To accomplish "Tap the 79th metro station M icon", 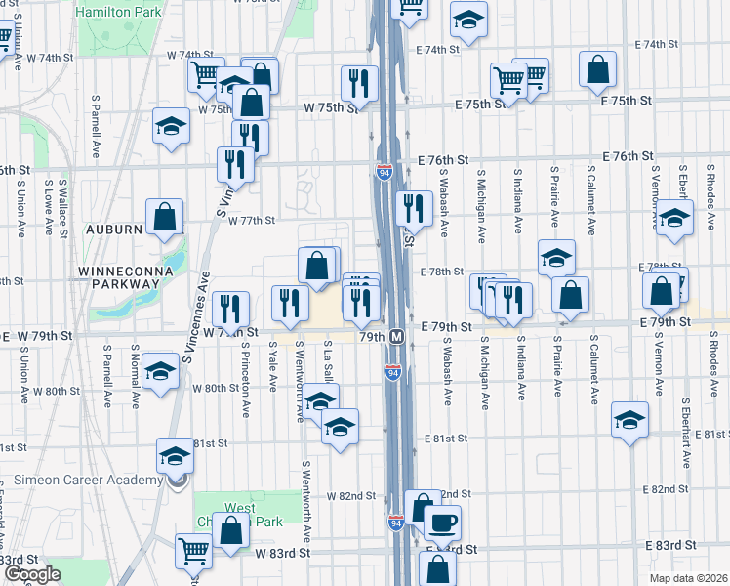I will tap(397, 336).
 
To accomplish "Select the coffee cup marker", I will tap(442, 523).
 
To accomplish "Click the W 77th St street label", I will tap(252, 221).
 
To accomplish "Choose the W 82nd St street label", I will tap(350, 496).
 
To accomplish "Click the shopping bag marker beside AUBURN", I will tap(164, 216).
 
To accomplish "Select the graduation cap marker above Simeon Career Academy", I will tap(175, 455).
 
